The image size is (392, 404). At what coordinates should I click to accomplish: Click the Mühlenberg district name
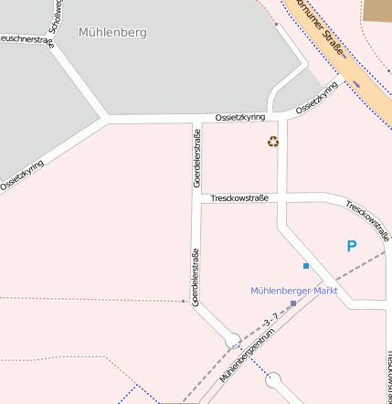point(112,32)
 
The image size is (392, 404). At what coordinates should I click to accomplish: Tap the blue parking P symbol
point(351,246)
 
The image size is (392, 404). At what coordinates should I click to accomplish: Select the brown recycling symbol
point(273,141)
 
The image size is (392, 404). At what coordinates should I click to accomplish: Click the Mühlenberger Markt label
point(294,291)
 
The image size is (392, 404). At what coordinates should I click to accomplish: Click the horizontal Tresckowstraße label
point(239,197)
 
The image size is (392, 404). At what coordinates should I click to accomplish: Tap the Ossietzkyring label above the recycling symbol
point(240,118)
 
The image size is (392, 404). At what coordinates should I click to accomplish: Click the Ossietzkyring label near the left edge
point(22,172)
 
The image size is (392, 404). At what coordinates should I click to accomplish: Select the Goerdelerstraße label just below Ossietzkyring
point(197,158)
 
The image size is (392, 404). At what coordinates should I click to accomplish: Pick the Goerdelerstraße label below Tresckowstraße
point(196,276)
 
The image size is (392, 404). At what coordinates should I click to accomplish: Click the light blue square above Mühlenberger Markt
point(306,266)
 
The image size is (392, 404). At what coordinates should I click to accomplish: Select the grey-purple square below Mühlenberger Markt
point(293,303)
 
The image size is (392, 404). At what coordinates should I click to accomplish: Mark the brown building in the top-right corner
point(376,10)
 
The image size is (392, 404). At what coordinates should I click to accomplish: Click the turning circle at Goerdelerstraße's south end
point(233,341)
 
